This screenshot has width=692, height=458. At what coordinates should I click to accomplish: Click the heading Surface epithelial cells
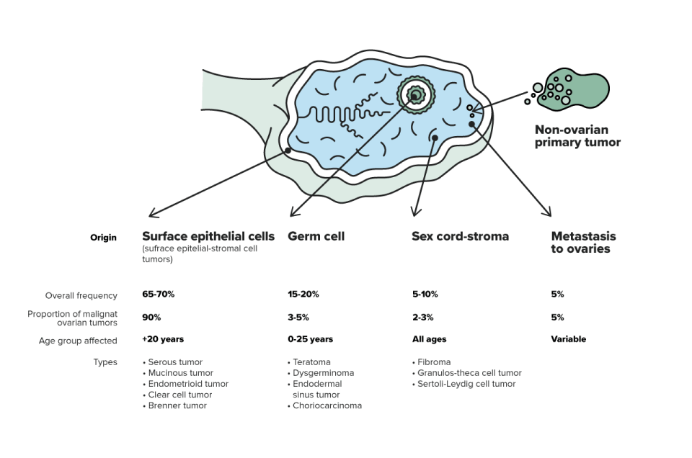pos(208,237)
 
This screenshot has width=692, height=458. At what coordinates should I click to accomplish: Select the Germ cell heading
pos(316,237)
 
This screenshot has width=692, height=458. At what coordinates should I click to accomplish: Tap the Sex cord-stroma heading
pos(461,236)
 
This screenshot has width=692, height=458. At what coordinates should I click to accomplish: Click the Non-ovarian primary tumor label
pos(577,136)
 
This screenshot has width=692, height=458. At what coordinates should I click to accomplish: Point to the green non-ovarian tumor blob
pos(574,89)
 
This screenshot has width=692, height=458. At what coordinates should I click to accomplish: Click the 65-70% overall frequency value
pos(159,294)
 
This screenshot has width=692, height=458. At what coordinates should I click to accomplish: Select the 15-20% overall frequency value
pos(303,294)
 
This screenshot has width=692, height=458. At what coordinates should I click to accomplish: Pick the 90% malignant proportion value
pos(151,318)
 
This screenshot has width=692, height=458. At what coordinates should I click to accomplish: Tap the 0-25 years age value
pos(310,339)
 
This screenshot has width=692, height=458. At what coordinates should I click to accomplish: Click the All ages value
pos(430,339)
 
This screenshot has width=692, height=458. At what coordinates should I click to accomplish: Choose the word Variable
pos(569,339)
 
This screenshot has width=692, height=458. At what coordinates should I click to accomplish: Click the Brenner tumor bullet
pos(174,405)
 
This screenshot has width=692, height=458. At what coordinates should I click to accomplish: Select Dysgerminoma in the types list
pos(321,373)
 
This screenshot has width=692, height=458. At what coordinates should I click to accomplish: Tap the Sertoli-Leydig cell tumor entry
pos(463,384)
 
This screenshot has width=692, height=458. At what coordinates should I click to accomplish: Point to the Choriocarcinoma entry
pos(325,405)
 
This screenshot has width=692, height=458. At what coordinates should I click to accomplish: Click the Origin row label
pos(103,238)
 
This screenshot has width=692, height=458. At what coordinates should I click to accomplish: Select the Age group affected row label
pos(78,341)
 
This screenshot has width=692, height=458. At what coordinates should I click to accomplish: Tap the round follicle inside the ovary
pos(416,95)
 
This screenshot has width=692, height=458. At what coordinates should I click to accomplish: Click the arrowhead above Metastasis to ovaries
pos(548,212)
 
